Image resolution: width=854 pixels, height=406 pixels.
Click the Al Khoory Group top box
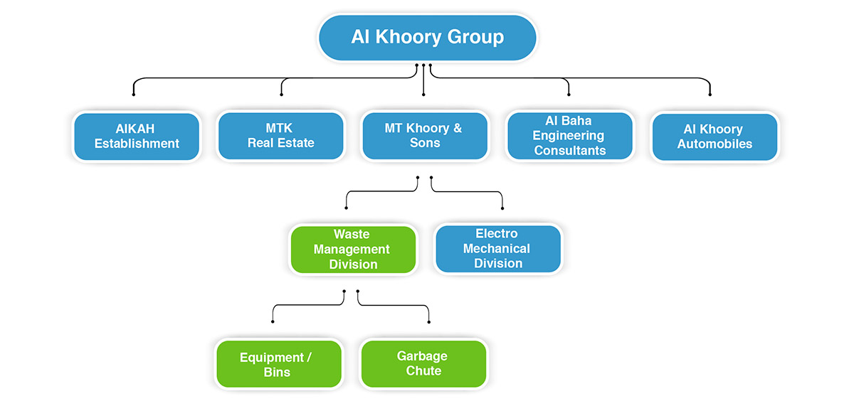coord(427,37)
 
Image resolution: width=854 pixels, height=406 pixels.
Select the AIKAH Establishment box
coord(137,136)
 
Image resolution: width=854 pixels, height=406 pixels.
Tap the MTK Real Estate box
coord(281,136)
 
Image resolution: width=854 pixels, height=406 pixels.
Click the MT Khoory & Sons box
coord(425,136)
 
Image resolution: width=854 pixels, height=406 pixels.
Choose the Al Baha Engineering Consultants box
coord(569,136)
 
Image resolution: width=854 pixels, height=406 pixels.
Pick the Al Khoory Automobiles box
coord(715,137)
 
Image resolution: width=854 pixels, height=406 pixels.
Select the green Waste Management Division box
coord(353,250)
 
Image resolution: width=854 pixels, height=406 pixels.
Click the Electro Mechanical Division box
coord(497,249)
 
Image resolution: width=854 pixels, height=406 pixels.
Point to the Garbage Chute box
coord(423,363)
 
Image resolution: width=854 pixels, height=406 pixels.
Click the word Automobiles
coord(715,144)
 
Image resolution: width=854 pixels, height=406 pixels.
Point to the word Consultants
coord(569,151)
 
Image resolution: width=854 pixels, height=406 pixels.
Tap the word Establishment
coord(137,144)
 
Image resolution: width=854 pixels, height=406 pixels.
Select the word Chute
coord(423,371)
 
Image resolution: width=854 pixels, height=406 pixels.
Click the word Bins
coord(276,373)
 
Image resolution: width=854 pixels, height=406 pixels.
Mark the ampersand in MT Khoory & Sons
coord(456,129)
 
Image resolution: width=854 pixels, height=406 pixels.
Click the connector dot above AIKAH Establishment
coord(133,94)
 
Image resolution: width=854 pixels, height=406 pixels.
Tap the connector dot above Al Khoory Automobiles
coord(710,94)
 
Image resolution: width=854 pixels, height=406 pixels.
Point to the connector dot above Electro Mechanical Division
coord(502,208)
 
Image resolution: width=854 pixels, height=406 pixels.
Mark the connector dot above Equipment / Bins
coord(273,322)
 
